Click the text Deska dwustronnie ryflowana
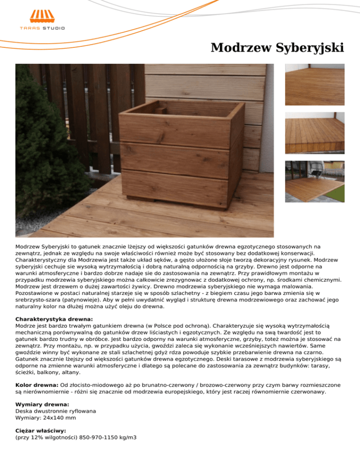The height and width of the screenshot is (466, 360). (x=56, y=411)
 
